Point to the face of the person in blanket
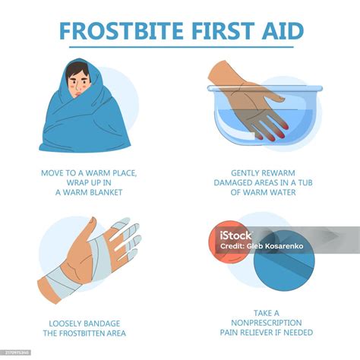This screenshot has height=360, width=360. coord(77,78)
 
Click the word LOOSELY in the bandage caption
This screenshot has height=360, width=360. coord(62,323)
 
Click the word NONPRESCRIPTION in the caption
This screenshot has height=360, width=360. coord(272,323)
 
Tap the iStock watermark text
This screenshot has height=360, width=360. coord(236,235)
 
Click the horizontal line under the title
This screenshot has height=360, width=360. coord(180,47)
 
